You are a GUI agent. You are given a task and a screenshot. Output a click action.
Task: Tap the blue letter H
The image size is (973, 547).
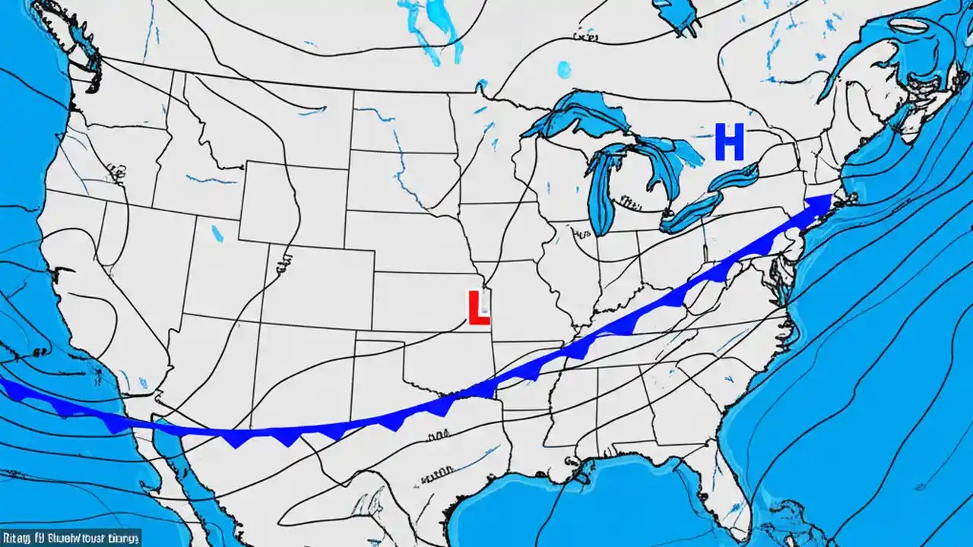tap(729, 144)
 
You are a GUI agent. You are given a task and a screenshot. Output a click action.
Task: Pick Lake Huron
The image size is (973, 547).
tap(669, 163)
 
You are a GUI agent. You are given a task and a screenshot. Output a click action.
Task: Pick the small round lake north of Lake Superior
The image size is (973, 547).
tap(563, 69)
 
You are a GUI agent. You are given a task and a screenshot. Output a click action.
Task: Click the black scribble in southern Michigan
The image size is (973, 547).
tap(628, 201)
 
